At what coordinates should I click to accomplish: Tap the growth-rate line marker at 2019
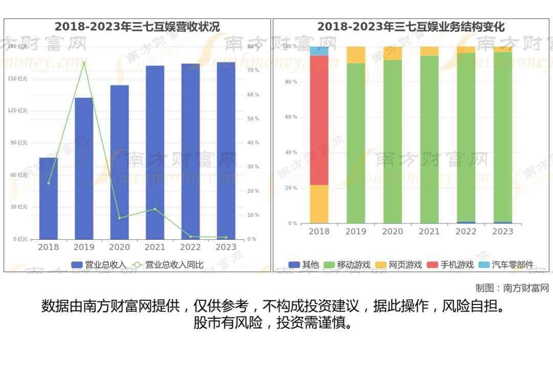84,63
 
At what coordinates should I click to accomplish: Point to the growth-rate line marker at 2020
119,218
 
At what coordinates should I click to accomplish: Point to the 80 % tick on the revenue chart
252,46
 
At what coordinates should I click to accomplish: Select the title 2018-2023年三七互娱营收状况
137,27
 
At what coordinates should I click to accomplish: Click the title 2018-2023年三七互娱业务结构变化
411,27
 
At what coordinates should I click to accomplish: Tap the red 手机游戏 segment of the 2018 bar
319,120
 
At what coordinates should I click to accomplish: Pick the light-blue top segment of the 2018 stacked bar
319,51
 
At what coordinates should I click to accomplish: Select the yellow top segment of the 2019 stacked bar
356,54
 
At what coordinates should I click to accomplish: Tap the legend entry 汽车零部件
506,264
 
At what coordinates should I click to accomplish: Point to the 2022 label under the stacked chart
466,232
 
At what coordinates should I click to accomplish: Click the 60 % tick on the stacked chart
291,117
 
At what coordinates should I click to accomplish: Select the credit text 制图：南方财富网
512,288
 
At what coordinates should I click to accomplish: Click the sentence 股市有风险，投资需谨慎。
273,323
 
